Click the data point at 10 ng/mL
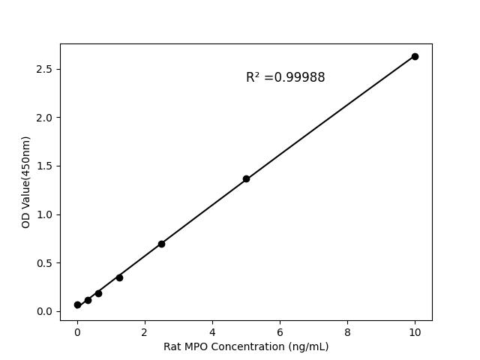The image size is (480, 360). (x=415, y=56)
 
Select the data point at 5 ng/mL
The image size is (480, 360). (x=246, y=178)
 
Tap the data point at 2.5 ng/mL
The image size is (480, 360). (x=161, y=244)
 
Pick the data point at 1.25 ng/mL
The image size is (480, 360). (x=119, y=277)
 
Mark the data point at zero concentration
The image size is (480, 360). (x=77, y=304)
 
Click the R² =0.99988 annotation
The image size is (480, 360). (x=285, y=77)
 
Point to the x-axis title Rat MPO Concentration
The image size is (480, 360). (x=246, y=346)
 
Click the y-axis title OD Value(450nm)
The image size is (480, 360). (x=26, y=182)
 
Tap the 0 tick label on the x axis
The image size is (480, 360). (x=77, y=331)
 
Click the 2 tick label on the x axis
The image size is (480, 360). (x=145, y=331)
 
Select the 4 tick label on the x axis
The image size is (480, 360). (x=212, y=331)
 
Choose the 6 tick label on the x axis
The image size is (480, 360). (x=280, y=331)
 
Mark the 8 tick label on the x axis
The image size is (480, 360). (x=347, y=331)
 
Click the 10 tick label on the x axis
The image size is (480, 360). (x=415, y=331)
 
